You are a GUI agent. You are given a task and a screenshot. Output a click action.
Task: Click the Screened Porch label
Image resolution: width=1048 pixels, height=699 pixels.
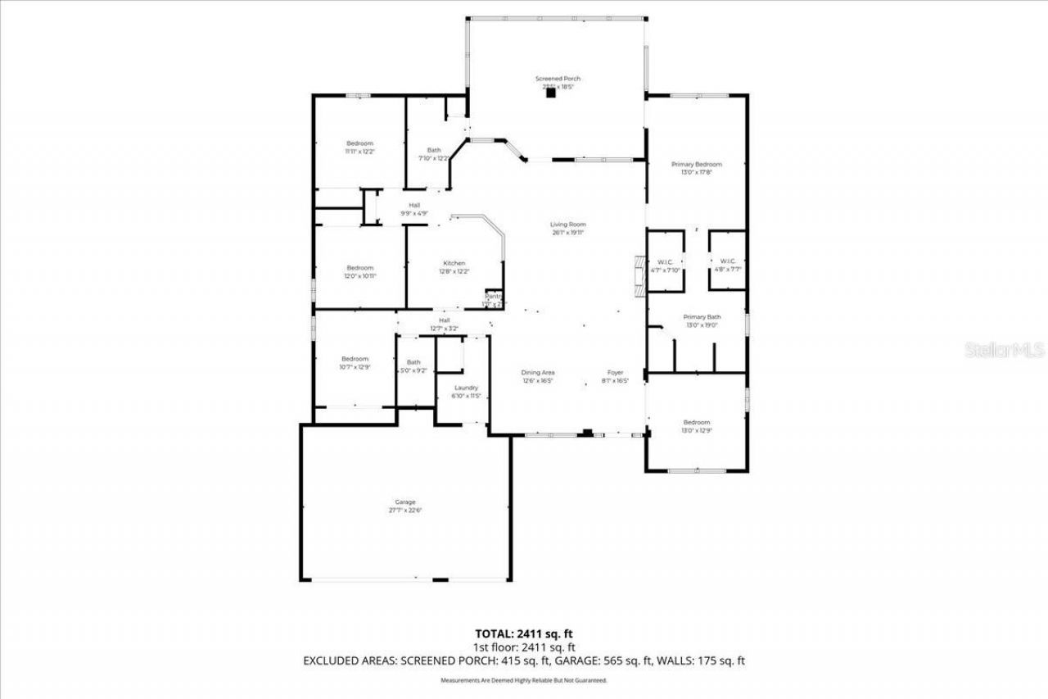pyautogui.click(x=558, y=79)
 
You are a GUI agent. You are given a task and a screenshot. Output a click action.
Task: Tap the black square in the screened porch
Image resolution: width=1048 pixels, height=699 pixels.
pyautogui.click(x=551, y=93)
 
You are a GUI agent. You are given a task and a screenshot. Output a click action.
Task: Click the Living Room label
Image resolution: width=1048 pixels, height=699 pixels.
pyautogui.click(x=568, y=225)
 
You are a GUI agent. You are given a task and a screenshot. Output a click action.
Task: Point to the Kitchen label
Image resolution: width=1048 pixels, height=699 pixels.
pyautogui.click(x=454, y=263)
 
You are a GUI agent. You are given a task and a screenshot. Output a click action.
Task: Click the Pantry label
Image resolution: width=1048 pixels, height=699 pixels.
pyautogui.click(x=493, y=296)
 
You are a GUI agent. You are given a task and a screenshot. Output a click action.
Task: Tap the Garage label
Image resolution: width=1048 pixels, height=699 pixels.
pyautogui.click(x=405, y=502)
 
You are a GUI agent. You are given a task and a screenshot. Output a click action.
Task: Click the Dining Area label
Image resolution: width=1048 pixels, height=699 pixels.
pyautogui.click(x=539, y=373)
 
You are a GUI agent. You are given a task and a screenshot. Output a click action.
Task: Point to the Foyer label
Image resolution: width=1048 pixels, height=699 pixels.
pyautogui.click(x=616, y=373)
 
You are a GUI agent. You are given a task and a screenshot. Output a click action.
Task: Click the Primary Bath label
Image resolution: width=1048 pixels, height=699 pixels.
pyautogui.click(x=702, y=316)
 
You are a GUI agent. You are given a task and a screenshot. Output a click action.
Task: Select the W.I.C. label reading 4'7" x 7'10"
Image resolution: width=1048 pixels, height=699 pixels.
pyautogui.click(x=665, y=261)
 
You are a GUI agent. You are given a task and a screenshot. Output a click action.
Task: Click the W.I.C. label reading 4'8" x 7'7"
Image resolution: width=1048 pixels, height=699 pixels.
pyautogui.click(x=728, y=261)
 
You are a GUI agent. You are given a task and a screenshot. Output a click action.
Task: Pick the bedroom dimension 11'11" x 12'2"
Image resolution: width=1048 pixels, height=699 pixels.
pyautogui.click(x=359, y=152)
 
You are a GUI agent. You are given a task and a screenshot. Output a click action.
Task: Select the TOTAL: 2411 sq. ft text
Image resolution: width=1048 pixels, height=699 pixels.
pyautogui.click(x=524, y=633)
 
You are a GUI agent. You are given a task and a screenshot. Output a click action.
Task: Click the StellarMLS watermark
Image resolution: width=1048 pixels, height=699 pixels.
pyautogui.click(x=1005, y=350)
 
